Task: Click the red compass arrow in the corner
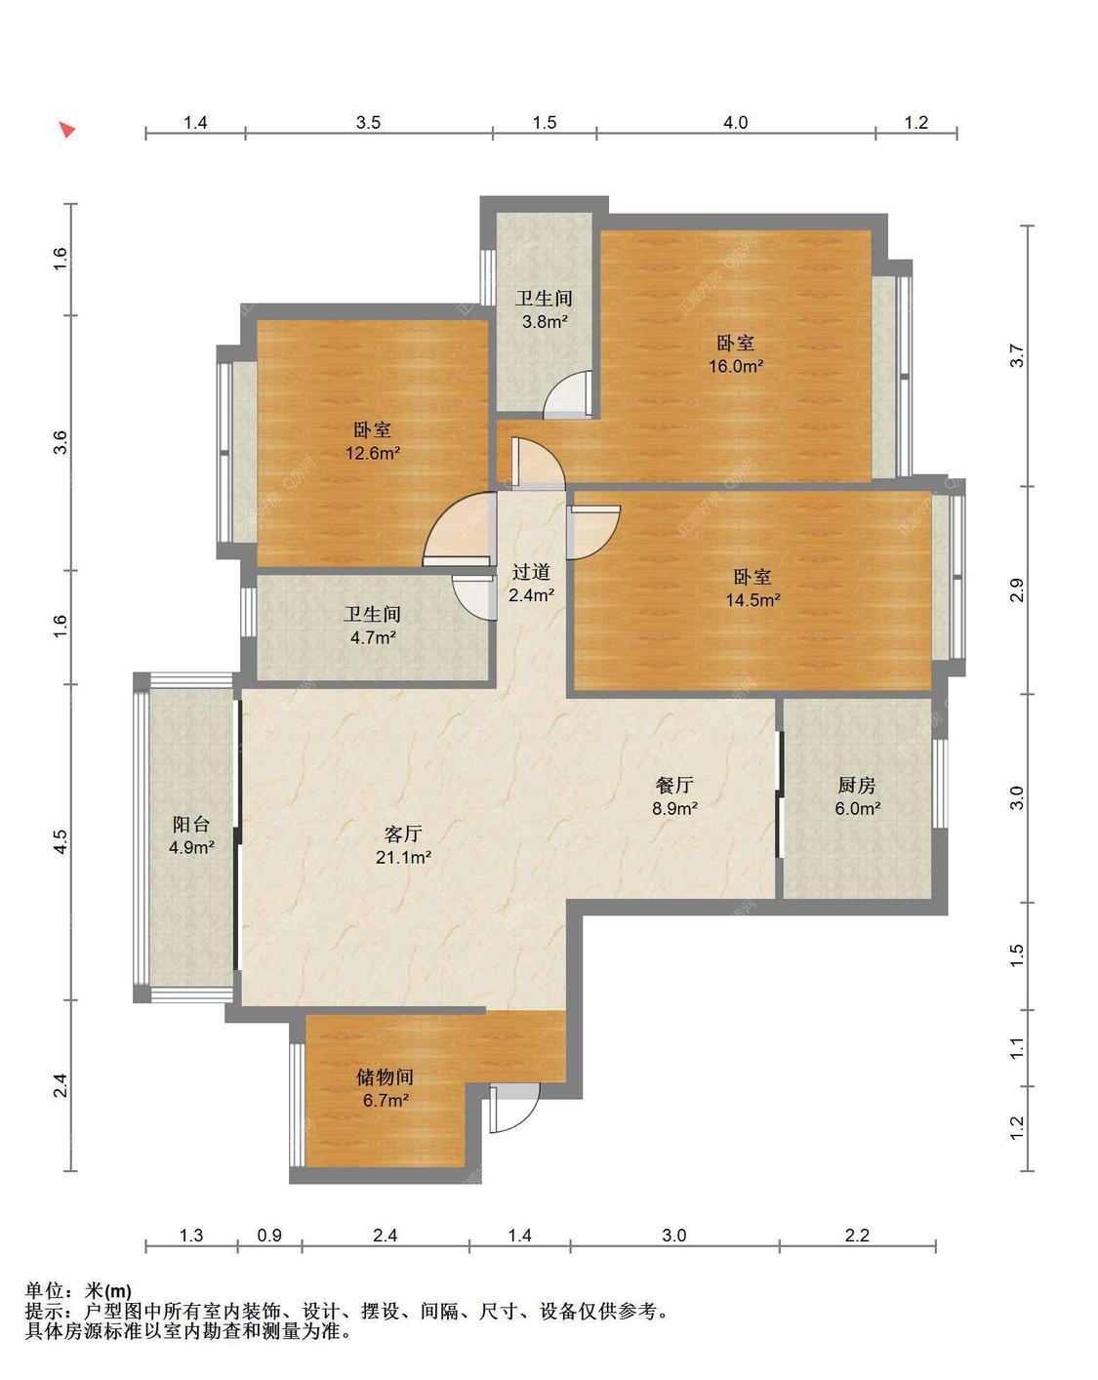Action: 66,129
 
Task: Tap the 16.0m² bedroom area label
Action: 736,366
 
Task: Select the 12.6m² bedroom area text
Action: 373,454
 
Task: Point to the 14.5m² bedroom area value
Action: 752,599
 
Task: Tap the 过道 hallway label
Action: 531,571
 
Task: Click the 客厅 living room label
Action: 403,833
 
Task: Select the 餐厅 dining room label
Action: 674,785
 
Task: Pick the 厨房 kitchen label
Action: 857,785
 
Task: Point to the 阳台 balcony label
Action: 191,824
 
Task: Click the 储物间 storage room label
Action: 386,1076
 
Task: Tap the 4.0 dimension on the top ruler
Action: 736,122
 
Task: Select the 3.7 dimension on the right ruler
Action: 1017,356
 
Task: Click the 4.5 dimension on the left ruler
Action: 60,841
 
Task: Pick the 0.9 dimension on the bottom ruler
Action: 269,1235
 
